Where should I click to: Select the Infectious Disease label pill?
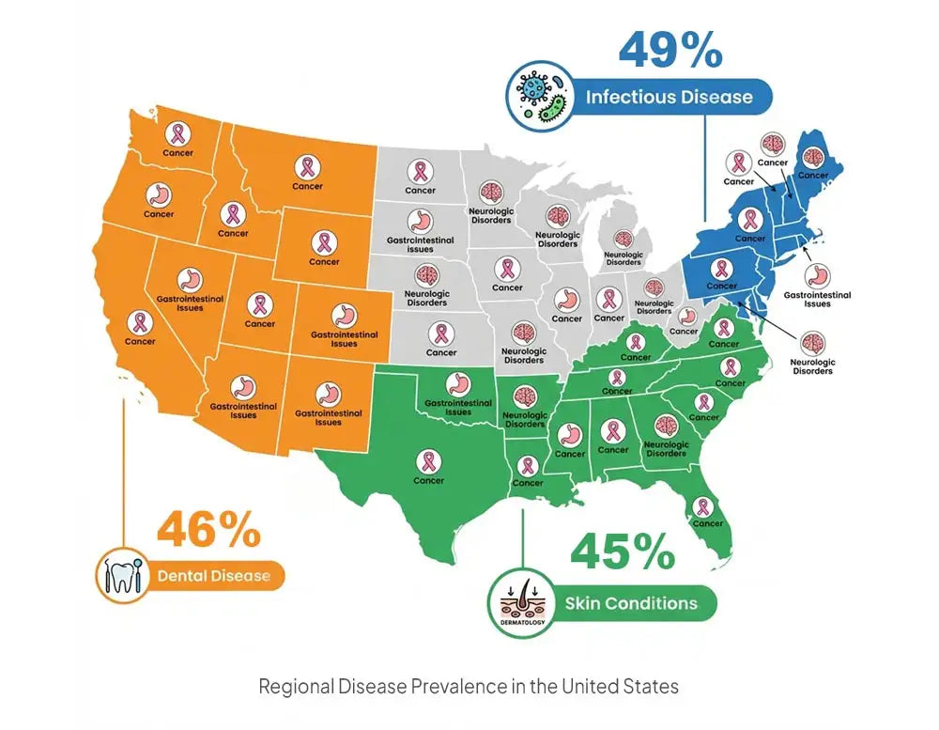[669, 97]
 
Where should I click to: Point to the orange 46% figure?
[208, 530]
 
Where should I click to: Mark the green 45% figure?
[622, 551]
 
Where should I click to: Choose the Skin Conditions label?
[630, 602]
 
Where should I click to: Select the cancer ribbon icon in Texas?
[428, 460]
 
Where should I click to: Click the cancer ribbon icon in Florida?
[702, 506]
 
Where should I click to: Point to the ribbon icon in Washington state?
[177, 132]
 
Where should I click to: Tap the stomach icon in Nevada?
[191, 279]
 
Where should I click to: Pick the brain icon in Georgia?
[666, 427]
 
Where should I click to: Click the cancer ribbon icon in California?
[140, 322]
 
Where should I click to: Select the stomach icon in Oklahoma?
[457, 383]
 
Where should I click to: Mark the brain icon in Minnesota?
[490, 192]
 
